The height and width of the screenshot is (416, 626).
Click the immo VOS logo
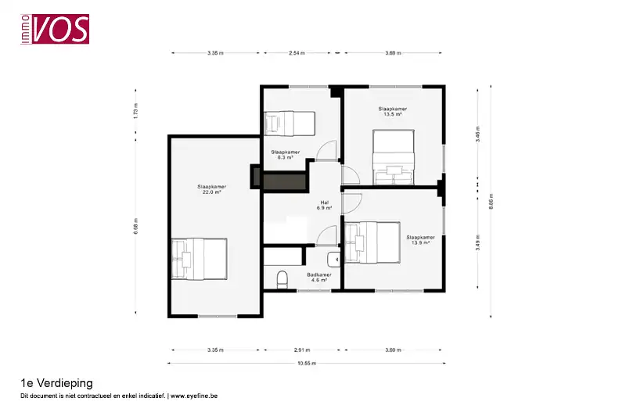click(56, 30)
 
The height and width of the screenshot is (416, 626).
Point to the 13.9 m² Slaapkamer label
click(419, 239)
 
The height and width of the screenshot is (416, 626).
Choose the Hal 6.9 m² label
click(324, 205)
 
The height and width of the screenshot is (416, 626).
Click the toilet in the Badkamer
click(283, 278)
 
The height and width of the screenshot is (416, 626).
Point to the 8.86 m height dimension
click(491, 199)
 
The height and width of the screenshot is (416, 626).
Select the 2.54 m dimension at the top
click(297, 53)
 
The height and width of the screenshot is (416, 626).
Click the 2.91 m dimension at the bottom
click(301, 350)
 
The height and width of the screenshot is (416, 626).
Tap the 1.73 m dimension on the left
click(135, 110)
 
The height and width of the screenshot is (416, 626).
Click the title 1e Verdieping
click(56, 383)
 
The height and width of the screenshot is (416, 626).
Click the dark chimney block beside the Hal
click(283, 181)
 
